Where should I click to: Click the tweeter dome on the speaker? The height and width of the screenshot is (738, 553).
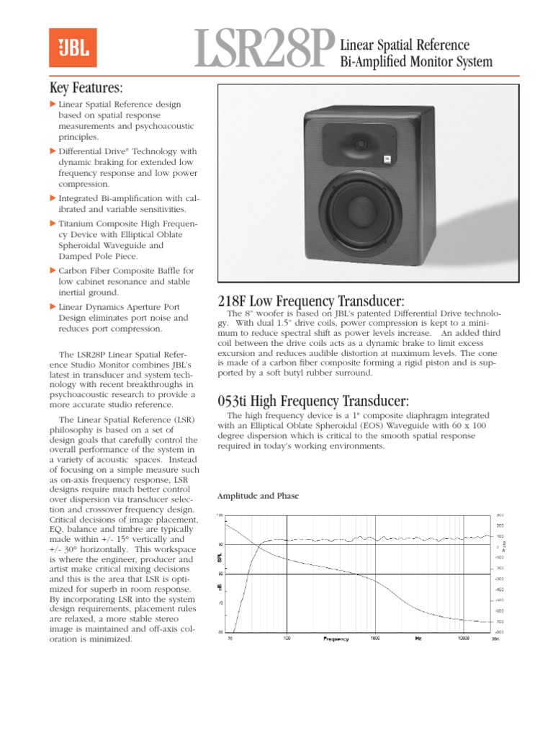coord(360,144)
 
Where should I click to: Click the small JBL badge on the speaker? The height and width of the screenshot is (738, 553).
coord(387,161)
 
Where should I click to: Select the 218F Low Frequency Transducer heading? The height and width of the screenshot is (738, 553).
coord(310,301)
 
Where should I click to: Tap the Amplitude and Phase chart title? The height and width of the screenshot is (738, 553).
coord(258,496)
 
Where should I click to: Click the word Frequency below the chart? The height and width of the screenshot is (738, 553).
coord(336,639)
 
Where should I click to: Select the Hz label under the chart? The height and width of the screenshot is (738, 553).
coord(418,638)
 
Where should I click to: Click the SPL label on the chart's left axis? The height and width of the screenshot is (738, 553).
coord(220,559)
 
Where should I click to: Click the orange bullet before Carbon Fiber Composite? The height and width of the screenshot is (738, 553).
coord(53,270)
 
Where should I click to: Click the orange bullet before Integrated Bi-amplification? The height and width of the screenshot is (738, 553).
coord(53,197)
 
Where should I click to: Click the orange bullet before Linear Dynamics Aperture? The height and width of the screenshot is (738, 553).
coord(53,306)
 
